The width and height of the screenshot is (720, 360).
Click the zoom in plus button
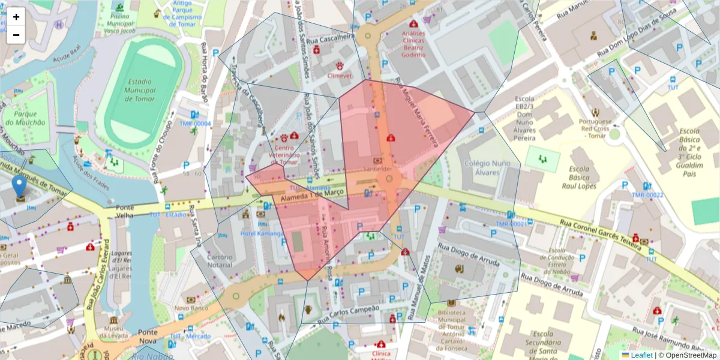16,17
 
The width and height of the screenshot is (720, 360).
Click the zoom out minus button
16,35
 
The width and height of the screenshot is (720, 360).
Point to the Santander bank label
377,170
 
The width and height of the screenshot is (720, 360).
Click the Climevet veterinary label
340,76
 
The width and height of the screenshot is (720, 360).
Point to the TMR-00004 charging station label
195,124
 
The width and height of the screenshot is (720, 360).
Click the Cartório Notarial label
220,261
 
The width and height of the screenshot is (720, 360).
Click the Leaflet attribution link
641,355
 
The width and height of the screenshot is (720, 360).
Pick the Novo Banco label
191,308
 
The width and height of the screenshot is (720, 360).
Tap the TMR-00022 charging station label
647,195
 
